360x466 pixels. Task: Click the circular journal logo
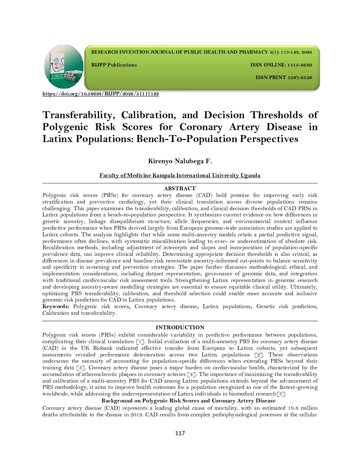64,67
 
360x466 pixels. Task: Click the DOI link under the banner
101,94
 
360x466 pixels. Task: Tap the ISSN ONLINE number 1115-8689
299,65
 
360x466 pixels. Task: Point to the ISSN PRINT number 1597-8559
299,78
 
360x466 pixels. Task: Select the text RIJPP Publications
114,65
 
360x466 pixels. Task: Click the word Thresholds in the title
276,115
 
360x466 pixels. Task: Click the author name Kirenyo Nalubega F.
180,162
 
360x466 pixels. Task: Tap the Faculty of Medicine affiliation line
180,175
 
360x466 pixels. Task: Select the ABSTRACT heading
180,189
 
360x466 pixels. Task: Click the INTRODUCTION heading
180,328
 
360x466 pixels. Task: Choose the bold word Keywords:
56,306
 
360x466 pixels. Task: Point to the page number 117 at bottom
180,433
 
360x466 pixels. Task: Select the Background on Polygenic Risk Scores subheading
188,401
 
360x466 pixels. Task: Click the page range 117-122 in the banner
290,52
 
